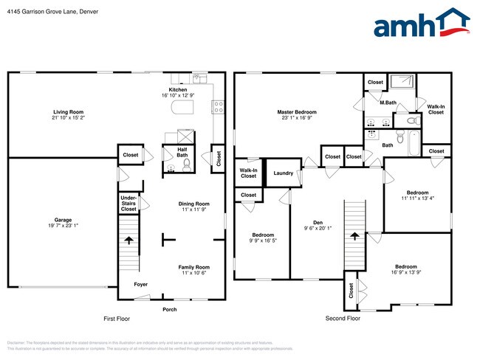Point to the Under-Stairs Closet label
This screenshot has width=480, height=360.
128,204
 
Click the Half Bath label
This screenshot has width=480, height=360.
182,152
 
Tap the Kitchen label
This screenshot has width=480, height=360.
177,90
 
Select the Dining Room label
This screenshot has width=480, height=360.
193,204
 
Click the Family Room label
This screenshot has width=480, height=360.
193,267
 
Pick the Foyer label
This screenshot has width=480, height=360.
140,284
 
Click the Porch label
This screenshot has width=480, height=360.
170,309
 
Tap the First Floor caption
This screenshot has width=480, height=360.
118,319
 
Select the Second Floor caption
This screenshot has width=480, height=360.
343,319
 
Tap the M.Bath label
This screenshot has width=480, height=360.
388,103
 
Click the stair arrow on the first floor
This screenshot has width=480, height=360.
129,240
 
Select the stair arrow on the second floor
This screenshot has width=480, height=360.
354,236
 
